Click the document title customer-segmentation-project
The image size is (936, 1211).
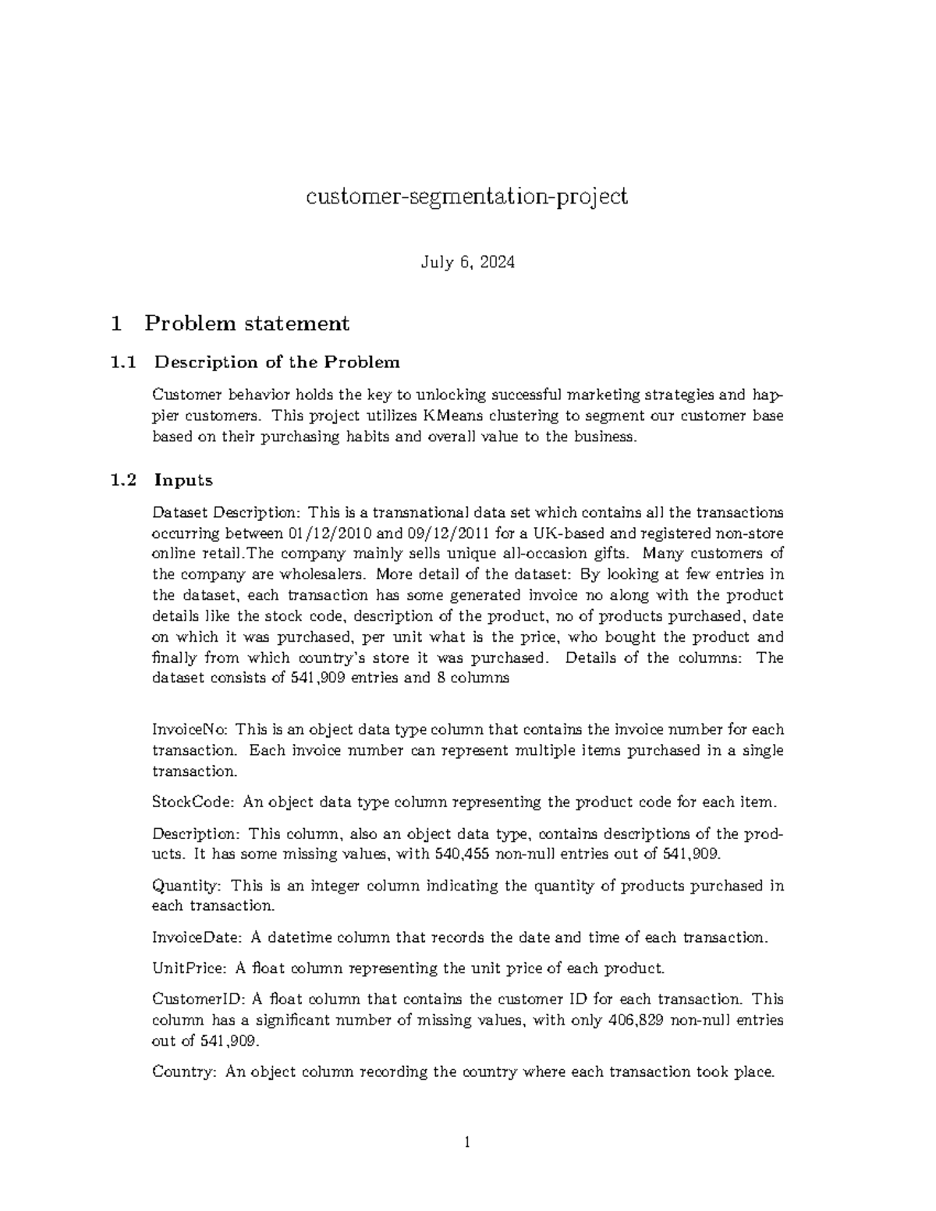tap(466, 197)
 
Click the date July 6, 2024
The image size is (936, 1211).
tap(467, 262)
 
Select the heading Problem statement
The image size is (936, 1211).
tap(246, 323)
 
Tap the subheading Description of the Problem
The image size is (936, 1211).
tap(277, 362)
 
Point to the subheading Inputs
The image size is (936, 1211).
tap(183, 480)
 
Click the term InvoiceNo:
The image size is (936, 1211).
tap(190, 730)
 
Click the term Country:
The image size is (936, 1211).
tap(184, 1071)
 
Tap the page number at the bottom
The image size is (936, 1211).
tap(467, 1144)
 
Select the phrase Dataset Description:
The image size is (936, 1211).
tap(225, 513)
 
